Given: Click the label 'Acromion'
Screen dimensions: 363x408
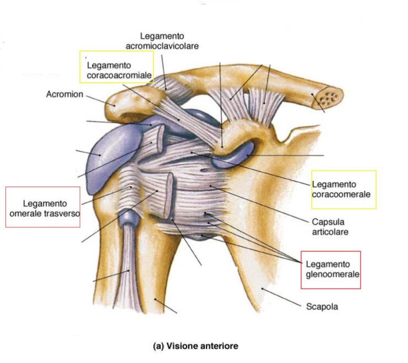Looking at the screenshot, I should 65,95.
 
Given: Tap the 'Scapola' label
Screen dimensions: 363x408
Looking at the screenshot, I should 322,307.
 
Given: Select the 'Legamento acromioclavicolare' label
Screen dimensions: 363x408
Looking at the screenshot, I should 162,41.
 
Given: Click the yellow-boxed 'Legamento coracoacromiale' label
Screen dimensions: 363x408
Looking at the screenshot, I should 116,69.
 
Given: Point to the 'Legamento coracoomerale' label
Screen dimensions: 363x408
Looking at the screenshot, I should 341,189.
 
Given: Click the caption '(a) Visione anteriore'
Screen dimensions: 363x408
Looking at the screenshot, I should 196,346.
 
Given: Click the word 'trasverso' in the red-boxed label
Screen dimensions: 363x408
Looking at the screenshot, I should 65,213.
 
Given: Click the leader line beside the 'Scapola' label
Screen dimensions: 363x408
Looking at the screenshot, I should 281,297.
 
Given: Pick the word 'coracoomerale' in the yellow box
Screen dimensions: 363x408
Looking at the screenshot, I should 341,195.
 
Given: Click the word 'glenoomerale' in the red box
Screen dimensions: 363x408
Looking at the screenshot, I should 333,274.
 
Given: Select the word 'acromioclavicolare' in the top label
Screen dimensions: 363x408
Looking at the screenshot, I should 162,46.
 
